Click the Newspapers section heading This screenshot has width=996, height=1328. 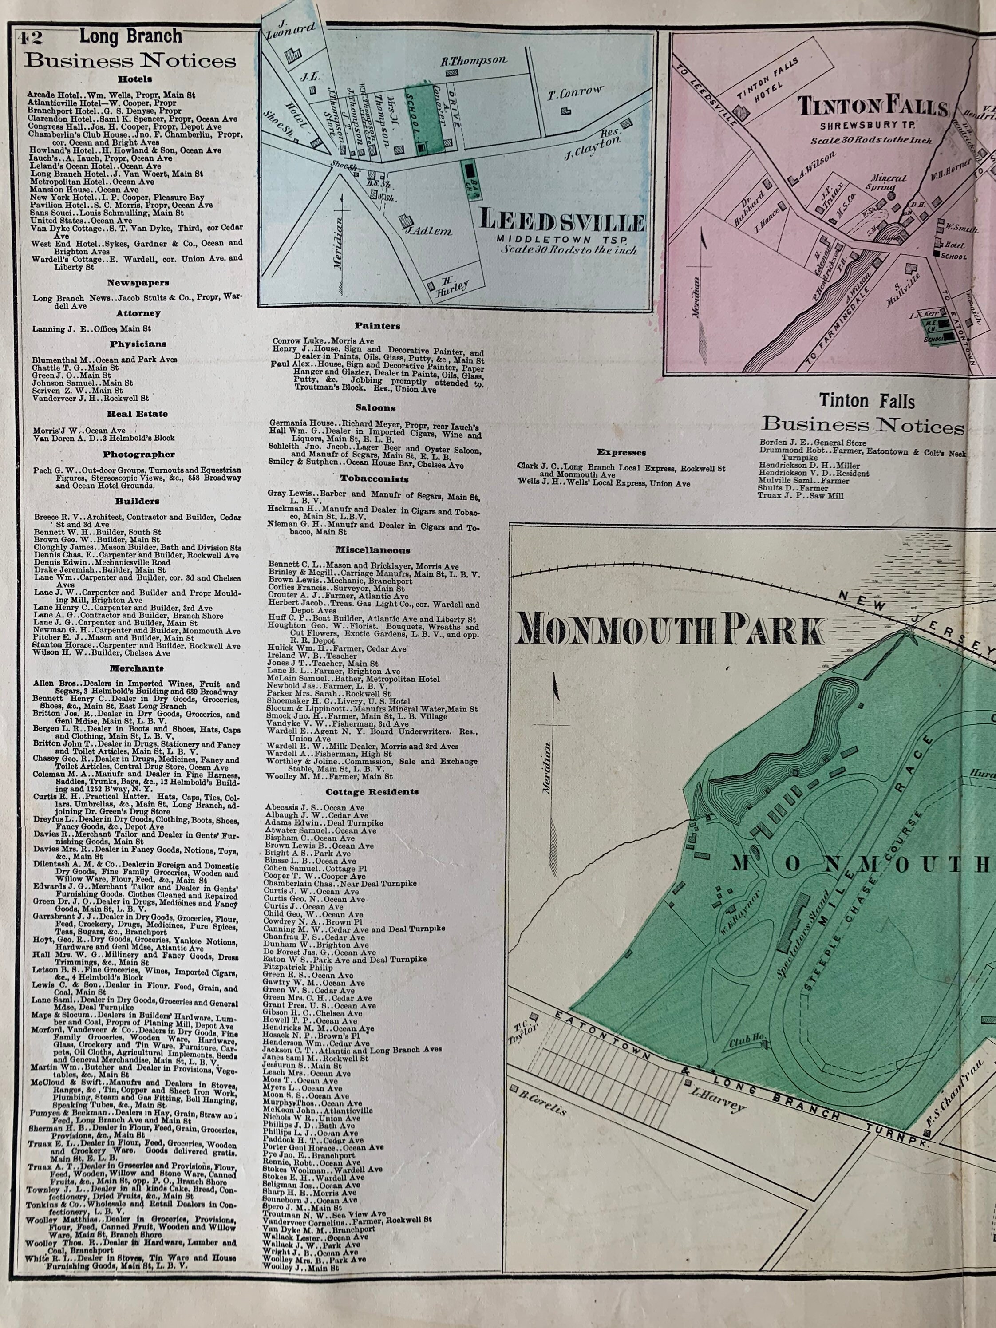(138, 283)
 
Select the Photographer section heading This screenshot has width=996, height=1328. (138, 455)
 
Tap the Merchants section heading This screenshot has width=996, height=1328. (136, 668)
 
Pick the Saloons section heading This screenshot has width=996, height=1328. (375, 407)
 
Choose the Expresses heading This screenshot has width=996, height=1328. (621, 453)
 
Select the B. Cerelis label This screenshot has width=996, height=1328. (545, 1107)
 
